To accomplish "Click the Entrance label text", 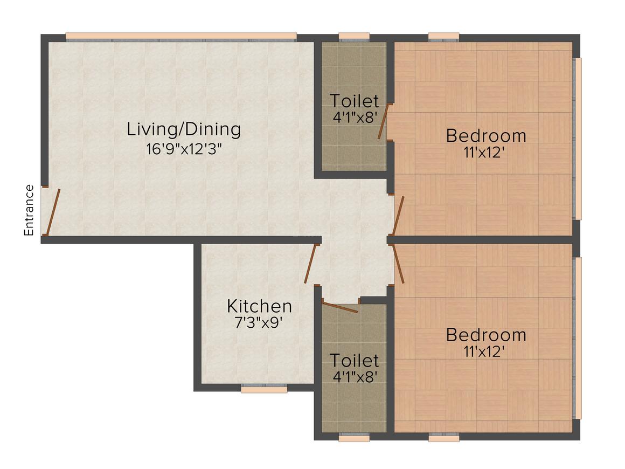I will coord(29,210).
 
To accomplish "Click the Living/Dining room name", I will coord(184,129).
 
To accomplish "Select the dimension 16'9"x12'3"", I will coord(184,149).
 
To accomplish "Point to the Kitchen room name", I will coord(259,306).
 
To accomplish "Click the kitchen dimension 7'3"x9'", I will coord(259,322).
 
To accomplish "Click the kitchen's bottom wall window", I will coord(264,389).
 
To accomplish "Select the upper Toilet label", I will coord(354,101).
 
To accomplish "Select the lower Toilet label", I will coord(354,360).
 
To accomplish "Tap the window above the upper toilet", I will coord(354,37).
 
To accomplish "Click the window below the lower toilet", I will coord(354,438).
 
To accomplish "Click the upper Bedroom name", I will coord(485,135).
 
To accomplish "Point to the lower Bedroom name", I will coord(485,335).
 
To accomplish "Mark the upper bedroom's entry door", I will coord(399,216).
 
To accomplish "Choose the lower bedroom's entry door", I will coord(399,264).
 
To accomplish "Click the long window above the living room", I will coord(181,37).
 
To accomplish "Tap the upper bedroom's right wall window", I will coord(578,139).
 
